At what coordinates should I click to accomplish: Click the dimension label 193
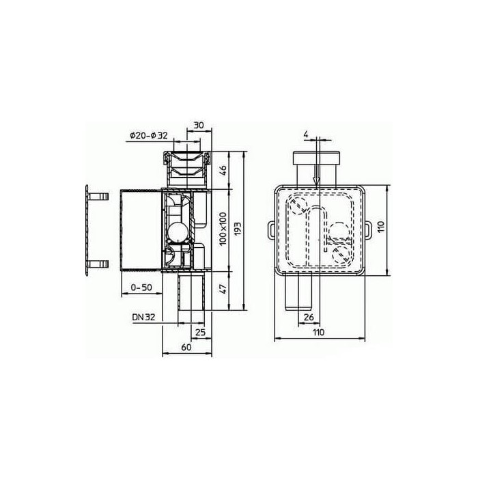pyautogui.click(x=238, y=227)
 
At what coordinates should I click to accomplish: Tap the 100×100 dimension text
pyautogui.click(x=223, y=229)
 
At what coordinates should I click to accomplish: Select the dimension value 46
pyautogui.click(x=223, y=170)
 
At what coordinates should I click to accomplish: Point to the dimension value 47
pyautogui.click(x=223, y=288)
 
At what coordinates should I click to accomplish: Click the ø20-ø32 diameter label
pyautogui.click(x=149, y=136)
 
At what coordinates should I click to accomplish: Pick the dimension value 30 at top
pyautogui.click(x=199, y=125)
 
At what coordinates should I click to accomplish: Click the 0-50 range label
pyautogui.click(x=141, y=287)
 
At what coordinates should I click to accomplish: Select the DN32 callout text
pyautogui.click(x=143, y=318)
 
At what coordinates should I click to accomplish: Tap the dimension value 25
pyautogui.click(x=200, y=333)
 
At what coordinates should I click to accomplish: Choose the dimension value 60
pyautogui.click(x=186, y=347)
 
